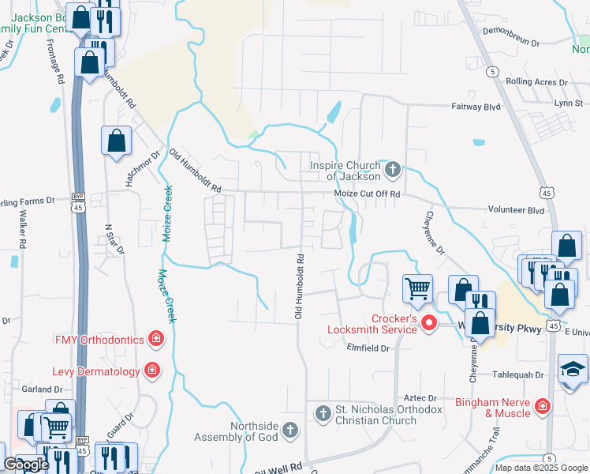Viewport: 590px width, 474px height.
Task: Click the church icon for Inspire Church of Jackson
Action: click(392, 169)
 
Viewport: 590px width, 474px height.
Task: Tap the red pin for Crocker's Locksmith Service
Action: click(429, 322)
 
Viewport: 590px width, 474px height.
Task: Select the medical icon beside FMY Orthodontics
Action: click(156, 340)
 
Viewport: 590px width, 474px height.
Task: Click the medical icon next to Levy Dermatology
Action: click(151, 371)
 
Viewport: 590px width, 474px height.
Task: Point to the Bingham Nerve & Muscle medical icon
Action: click(542, 407)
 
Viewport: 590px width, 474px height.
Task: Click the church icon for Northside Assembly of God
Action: click(290, 431)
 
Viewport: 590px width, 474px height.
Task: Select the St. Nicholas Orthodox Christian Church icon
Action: click(323, 413)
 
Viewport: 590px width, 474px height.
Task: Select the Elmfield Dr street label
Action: click(368, 347)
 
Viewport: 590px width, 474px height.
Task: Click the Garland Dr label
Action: click(42, 389)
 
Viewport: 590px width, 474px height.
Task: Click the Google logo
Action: click(26, 465)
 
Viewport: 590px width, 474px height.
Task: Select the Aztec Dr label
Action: click(421, 398)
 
